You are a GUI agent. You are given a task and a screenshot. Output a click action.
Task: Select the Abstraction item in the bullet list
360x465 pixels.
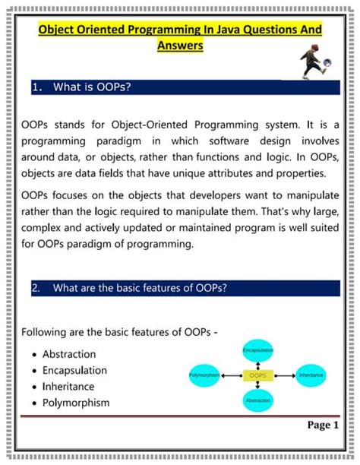click(69, 354)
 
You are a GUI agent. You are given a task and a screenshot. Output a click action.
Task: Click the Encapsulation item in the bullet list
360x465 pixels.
click(74, 370)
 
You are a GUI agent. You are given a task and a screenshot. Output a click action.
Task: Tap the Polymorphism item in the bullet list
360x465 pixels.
click(76, 403)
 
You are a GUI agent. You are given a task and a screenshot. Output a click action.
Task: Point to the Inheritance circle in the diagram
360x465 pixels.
click(311, 375)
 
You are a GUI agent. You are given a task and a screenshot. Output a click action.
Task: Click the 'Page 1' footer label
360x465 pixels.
click(323, 425)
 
